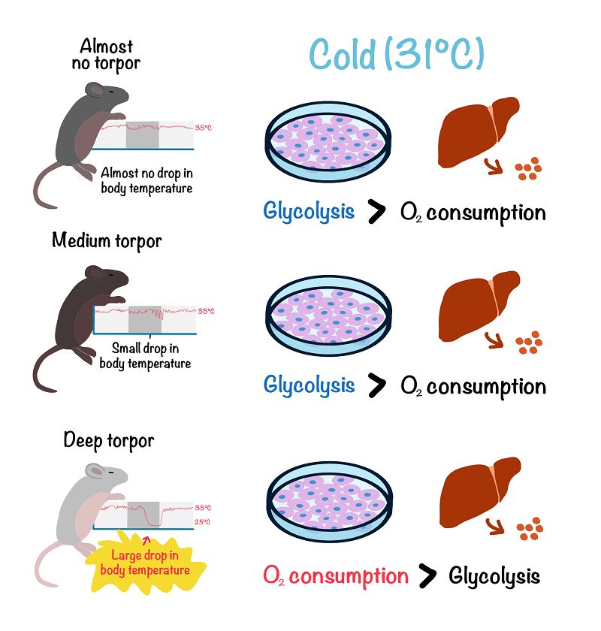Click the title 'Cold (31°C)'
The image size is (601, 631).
click(x=397, y=55)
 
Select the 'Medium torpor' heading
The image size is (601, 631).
click(x=107, y=241)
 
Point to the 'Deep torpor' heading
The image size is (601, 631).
click(x=108, y=439)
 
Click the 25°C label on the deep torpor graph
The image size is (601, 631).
click(x=203, y=522)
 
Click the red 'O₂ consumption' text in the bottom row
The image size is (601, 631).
click(x=336, y=576)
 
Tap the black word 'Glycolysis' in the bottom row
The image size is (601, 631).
click(x=494, y=576)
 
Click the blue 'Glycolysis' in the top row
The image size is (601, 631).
click(x=309, y=211)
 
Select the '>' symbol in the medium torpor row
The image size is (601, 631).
click(x=376, y=385)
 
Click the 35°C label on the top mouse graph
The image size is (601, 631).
click(x=203, y=128)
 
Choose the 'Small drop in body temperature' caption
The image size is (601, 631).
click(x=146, y=356)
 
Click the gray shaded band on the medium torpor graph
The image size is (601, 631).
click(x=144, y=319)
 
